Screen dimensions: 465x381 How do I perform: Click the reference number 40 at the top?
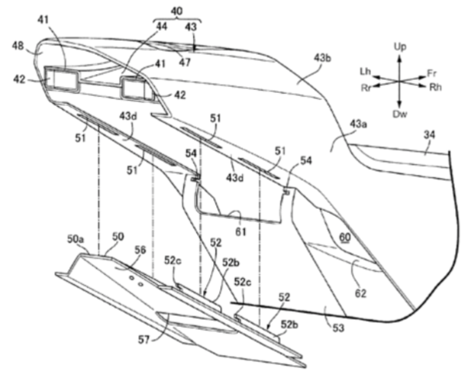point(177,11)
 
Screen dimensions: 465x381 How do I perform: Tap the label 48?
point(18,46)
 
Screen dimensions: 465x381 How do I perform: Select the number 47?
point(184,63)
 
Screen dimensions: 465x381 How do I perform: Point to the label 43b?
point(322,58)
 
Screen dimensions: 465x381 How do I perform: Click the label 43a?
point(358,125)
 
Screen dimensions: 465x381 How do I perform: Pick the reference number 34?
point(429,135)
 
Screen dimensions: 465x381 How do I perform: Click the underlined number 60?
point(345,237)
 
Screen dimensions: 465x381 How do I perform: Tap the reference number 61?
point(240,232)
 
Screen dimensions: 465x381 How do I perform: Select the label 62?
point(360,293)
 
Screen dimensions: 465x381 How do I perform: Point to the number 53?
point(339,328)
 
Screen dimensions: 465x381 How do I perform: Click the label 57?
point(145,340)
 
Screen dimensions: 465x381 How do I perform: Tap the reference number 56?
point(140,250)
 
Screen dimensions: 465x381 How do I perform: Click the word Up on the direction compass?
point(400,46)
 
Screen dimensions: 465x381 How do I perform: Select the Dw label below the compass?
point(400,114)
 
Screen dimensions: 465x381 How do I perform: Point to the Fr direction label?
point(432,73)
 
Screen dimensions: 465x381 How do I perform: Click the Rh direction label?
point(436,87)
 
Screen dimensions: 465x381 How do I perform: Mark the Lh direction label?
point(364,71)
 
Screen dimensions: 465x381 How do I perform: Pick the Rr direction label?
point(367,88)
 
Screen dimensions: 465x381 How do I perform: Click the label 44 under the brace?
point(162,26)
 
